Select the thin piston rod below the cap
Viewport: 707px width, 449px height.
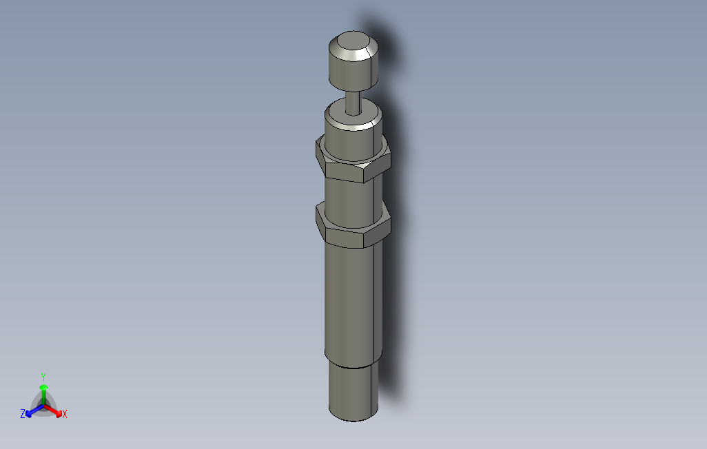coord(353,102)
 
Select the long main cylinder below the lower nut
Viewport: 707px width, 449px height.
coord(351,303)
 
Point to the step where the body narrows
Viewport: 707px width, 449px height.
coord(352,366)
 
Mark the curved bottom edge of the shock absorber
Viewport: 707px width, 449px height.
coord(353,419)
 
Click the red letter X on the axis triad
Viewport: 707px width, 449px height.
coord(64,414)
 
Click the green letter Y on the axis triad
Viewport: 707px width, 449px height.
coord(43,377)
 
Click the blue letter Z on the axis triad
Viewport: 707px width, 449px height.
coord(23,414)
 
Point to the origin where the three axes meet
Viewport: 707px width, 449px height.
coord(43,406)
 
